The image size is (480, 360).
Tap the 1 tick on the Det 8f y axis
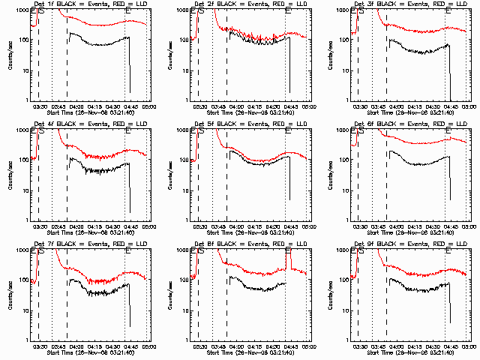pyautogui.click(x=185, y=339)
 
